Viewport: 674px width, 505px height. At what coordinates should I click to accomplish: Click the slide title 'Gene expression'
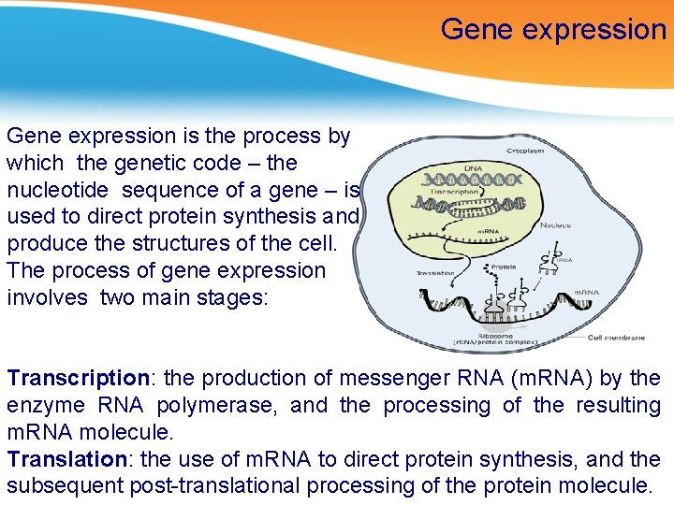pos(553,30)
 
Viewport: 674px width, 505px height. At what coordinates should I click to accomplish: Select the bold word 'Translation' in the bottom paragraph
pos(66,459)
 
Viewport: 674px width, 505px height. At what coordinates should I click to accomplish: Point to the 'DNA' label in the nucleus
pos(472,168)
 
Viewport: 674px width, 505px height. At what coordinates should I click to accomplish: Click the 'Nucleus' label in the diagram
pos(556,224)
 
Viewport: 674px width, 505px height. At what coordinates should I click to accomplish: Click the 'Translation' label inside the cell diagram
pos(435,274)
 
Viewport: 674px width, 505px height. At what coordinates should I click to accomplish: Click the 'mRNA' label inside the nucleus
pos(490,230)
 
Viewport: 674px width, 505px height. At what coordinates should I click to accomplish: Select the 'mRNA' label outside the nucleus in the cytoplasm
pos(586,293)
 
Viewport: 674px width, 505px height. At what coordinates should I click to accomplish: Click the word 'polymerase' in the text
pos(231,406)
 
